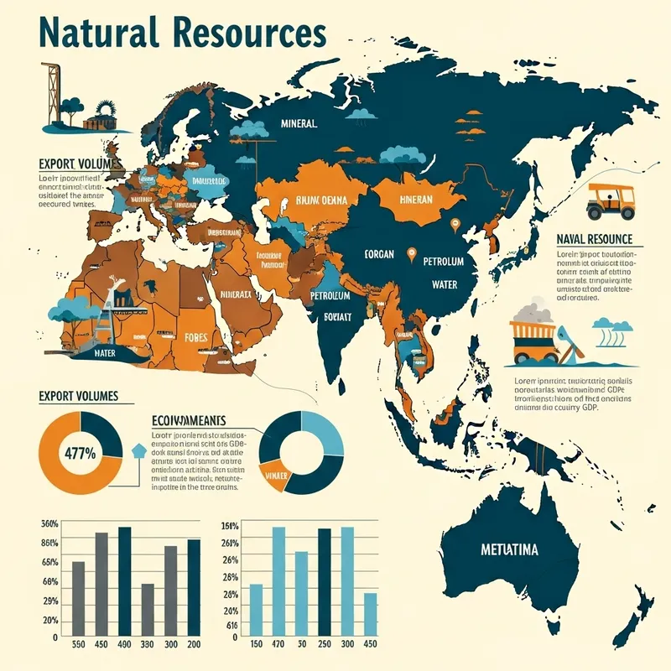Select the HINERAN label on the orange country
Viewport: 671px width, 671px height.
click(410, 200)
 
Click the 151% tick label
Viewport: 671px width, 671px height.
click(230, 527)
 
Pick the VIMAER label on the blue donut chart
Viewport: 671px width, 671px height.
click(276, 476)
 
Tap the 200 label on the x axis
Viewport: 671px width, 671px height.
click(194, 644)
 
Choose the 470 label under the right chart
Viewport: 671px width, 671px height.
click(278, 644)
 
